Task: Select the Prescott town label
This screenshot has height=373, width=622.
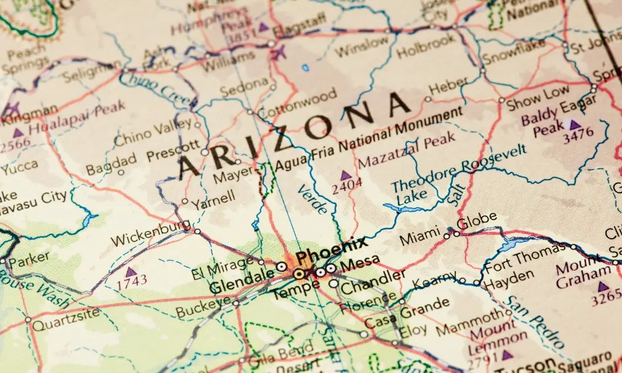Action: [x=173, y=152]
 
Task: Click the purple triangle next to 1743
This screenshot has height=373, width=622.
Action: [x=131, y=272]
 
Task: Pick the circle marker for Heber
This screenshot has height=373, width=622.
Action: [x=427, y=98]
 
